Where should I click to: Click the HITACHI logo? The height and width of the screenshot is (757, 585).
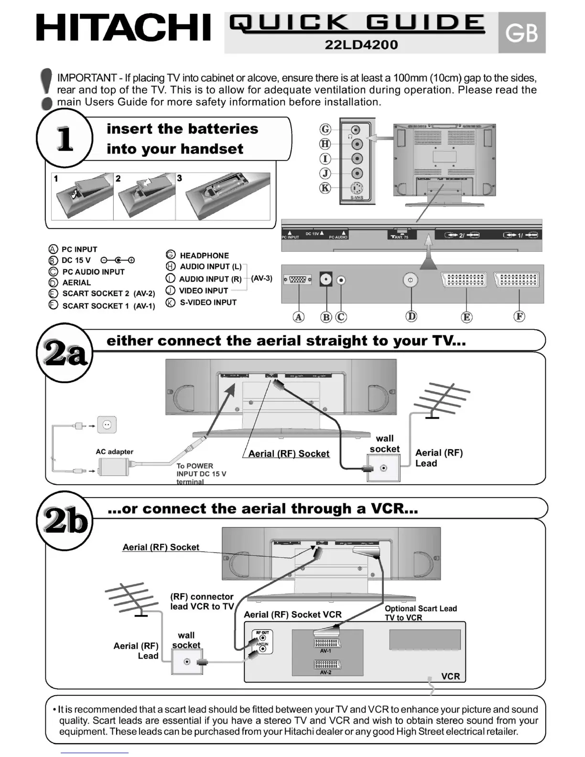123,28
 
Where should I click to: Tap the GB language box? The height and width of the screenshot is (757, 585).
521,32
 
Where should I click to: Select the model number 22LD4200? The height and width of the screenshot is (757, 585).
361,44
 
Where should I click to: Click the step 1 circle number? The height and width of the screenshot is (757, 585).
65,138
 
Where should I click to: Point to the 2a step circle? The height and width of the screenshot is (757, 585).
65,354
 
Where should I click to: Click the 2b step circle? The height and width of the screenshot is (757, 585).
65,520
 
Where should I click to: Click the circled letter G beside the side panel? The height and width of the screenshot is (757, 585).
325,129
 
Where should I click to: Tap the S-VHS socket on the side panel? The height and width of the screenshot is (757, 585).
357,188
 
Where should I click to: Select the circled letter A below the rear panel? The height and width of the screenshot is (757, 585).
299,317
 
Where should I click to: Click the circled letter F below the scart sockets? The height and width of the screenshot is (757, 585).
519,316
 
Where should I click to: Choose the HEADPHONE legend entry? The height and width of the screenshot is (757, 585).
204,256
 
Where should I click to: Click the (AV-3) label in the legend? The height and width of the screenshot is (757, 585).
261,278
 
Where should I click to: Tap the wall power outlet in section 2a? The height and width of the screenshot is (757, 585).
107,424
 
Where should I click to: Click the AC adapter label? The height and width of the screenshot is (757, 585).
114,452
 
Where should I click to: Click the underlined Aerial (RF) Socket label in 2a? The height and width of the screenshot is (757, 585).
289,454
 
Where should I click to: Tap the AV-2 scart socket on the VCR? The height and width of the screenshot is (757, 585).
325,664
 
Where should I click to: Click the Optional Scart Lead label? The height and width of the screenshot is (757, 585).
421,608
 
